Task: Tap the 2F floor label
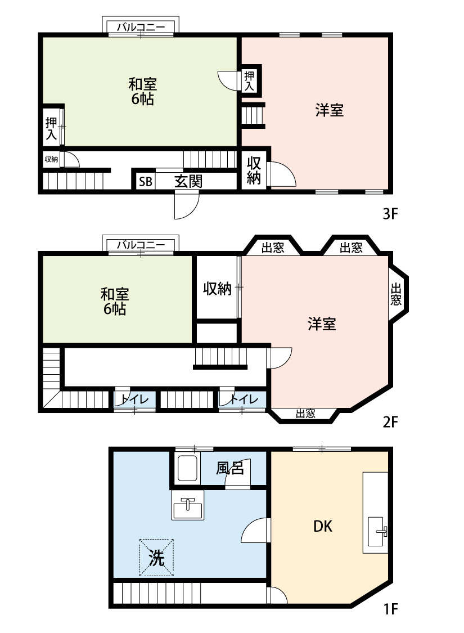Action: click(x=390, y=421)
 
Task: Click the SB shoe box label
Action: click(x=145, y=182)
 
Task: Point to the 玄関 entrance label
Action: click(x=188, y=181)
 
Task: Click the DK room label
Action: click(x=323, y=527)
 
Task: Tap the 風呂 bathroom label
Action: click(x=231, y=468)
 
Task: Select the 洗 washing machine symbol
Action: click(x=156, y=558)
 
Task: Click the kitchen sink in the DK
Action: click(x=377, y=531)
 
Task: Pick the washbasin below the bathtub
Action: click(x=188, y=509)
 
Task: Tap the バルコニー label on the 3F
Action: click(x=141, y=26)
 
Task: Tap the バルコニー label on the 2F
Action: click(x=141, y=245)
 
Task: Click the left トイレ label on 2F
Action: click(x=134, y=399)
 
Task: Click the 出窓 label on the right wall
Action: click(x=397, y=293)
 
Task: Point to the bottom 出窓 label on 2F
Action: click(x=305, y=414)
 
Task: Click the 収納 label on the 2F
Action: click(x=217, y=289)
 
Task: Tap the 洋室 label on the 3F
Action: click(x=329, y=110)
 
